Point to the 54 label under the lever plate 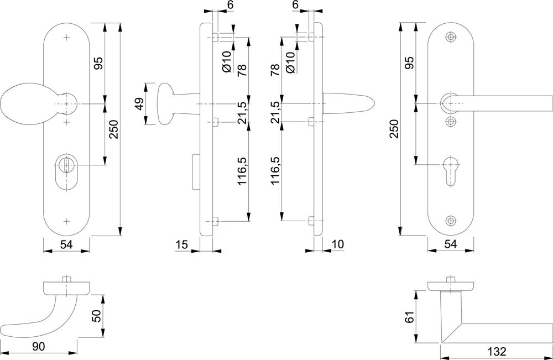tap(451, 244)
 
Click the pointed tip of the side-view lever tap(373, 103)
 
